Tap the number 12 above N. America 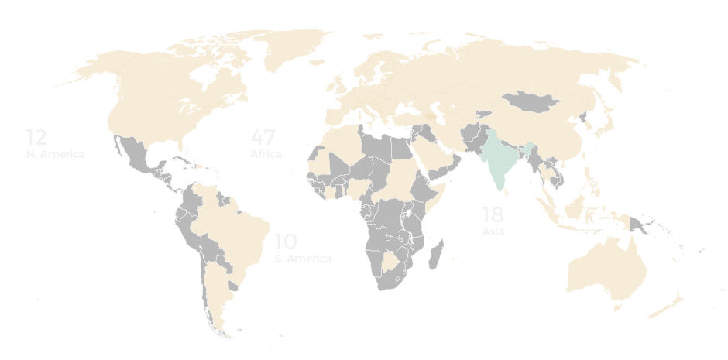click(x=36, y=138)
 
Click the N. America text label click(x=53, y=153)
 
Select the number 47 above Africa click(x=263, y=138)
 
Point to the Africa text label click(x=265, y=154)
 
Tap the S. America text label click(x=303, y=259)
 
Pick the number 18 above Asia click(x=493, y=215)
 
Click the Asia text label click(x=493, y=231)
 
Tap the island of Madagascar click(x=437, y=254)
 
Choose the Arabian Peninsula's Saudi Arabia click(x=434, y=155)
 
